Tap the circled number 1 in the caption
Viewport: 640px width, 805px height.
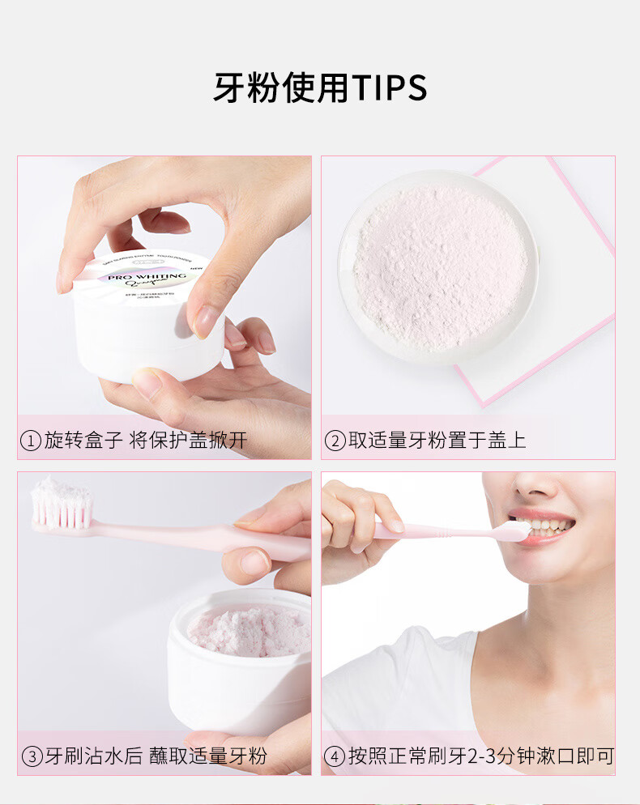tap(31, 441)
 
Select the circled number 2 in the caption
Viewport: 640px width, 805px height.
tap(335, 441)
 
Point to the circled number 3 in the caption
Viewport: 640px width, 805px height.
tap(31, 757)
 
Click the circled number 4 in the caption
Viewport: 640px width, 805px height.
tap(335, 757)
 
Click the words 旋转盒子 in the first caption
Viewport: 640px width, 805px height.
tap(83, 441)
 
